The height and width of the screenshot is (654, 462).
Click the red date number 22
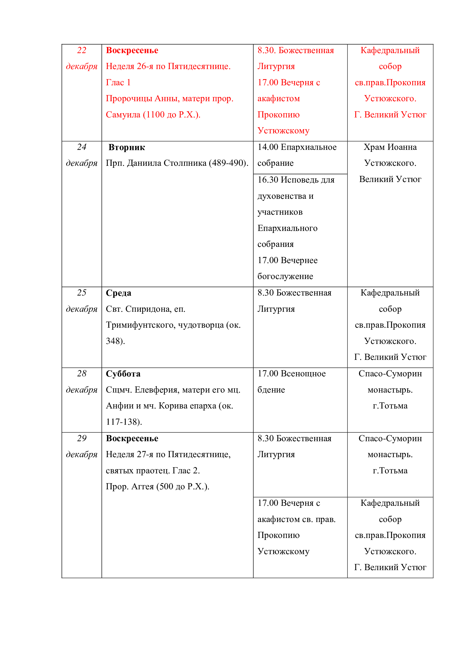pos(82,50)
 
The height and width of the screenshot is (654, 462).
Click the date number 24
pos(82,147)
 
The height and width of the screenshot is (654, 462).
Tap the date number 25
pos(82,293)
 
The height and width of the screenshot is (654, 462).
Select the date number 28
pos(82,374)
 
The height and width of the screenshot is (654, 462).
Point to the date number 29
pos(82,438)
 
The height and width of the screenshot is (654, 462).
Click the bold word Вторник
pos(127,148)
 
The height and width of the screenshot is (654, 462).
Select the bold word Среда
pos(119,293)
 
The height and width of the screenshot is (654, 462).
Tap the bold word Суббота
pos(123,374)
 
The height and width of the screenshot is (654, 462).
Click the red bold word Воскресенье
pos(132,50)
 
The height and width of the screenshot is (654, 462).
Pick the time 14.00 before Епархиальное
pos(268,147)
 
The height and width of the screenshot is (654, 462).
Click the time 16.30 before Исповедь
pos(268,180)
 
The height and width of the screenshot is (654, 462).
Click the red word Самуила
pos(123,115)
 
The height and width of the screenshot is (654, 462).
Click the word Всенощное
pos(303,374)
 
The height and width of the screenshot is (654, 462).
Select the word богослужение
pos(285,276)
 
